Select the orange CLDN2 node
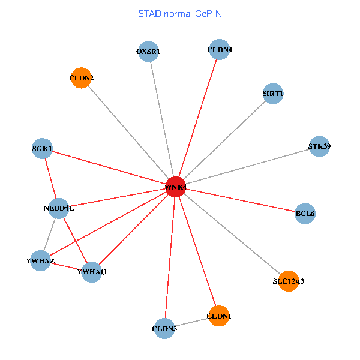coord(81,78)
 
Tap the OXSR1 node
coord(148,51)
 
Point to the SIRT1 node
coord(273,94)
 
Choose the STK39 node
coord(319,146)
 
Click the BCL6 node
coord(305,214)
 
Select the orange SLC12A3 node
coord(289,280)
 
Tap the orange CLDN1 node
coord(218,316)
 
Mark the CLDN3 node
coord(164,328)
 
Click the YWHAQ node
coord(91,272)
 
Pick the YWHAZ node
coord(40,261)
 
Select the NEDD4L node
coord(58,208)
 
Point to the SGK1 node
coord(42,148)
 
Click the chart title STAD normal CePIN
coord(180,13)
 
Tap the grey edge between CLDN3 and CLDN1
coord(191,322)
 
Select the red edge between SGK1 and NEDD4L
coord(50,178)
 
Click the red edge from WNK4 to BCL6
coord(240,200)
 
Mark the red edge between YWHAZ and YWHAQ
coord(66,266)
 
